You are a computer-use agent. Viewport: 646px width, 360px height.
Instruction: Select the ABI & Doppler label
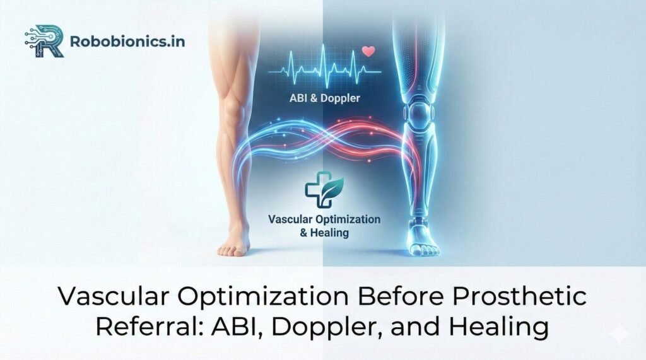click(324, 99)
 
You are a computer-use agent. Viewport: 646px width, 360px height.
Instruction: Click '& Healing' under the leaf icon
click(324, 232)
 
